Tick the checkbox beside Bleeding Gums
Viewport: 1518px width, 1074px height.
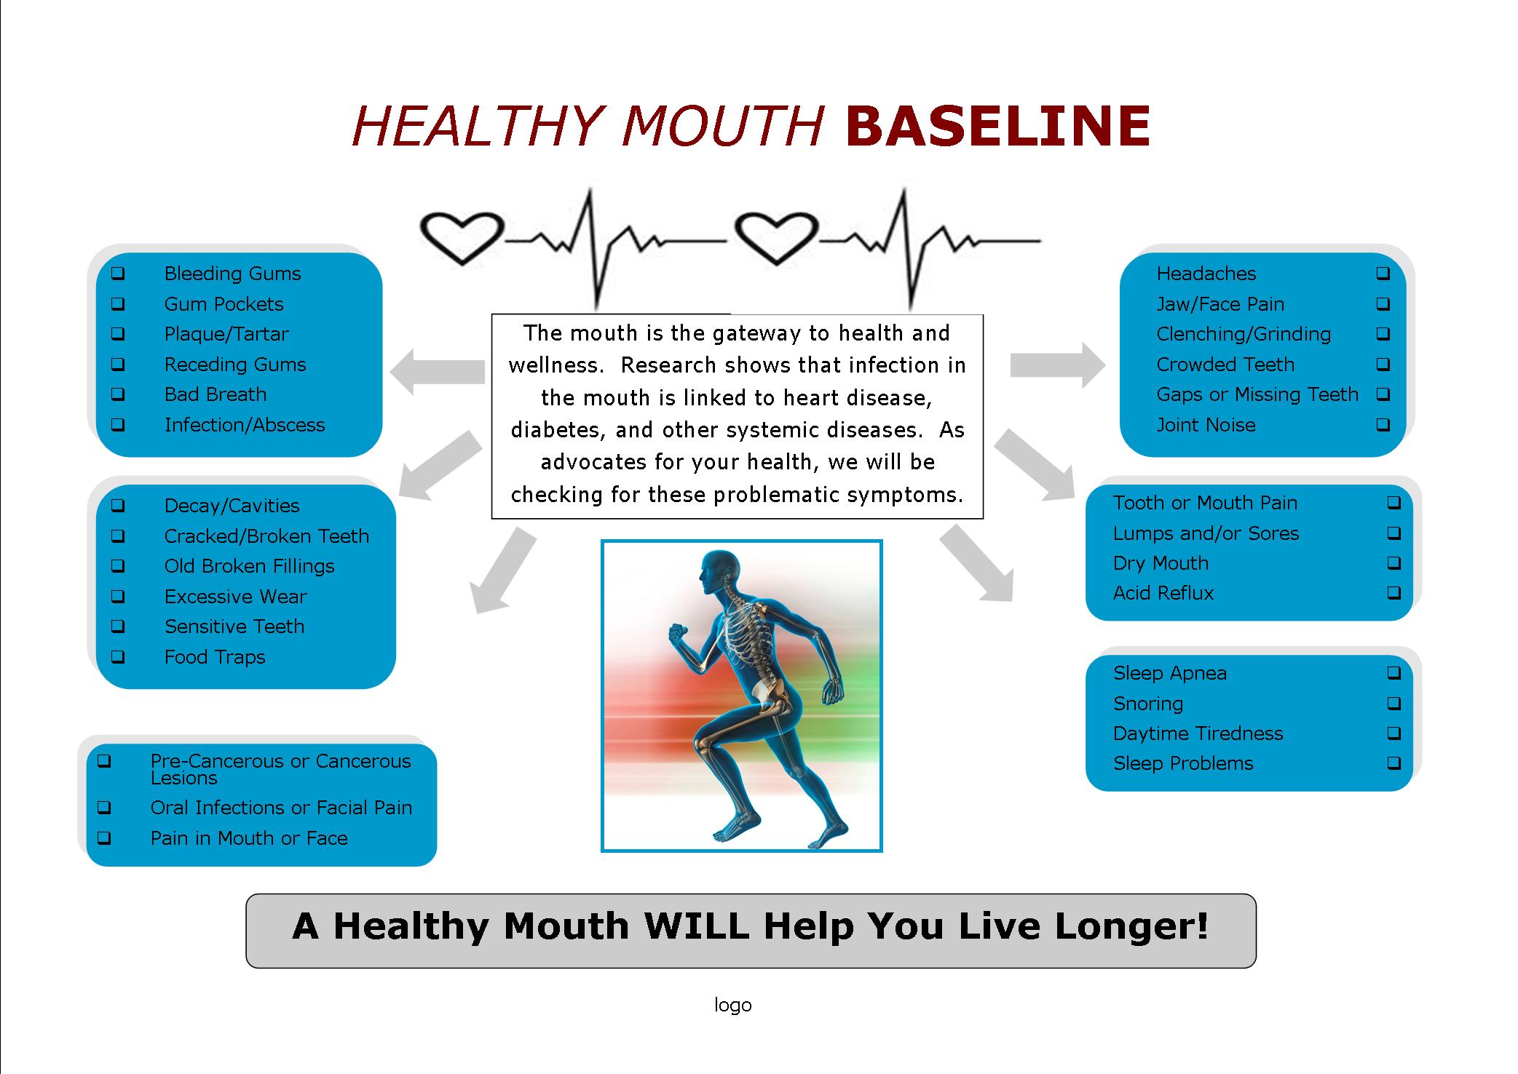click(118, 274)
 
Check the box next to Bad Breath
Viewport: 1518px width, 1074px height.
click(118, 394)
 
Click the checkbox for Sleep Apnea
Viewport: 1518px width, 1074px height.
click(1394, 673)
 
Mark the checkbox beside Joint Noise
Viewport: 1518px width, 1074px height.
click(1383, 425)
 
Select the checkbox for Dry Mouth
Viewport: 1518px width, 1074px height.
click(1394, 563)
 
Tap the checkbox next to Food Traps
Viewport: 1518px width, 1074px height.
click(118, 657)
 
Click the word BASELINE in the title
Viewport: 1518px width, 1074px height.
click(998, 126)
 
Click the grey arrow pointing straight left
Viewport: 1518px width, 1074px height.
click(438, 371)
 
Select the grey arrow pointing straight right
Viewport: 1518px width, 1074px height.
click(1058, 365)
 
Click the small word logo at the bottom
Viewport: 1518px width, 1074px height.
click(732, 1005)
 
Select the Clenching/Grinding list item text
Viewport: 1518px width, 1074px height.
click(1244, 334)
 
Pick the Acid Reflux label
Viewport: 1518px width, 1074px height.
click(1163, 593)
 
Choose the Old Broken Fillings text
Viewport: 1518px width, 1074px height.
click(249, 566)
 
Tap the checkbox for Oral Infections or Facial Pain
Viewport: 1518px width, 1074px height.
click(104, 808)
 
